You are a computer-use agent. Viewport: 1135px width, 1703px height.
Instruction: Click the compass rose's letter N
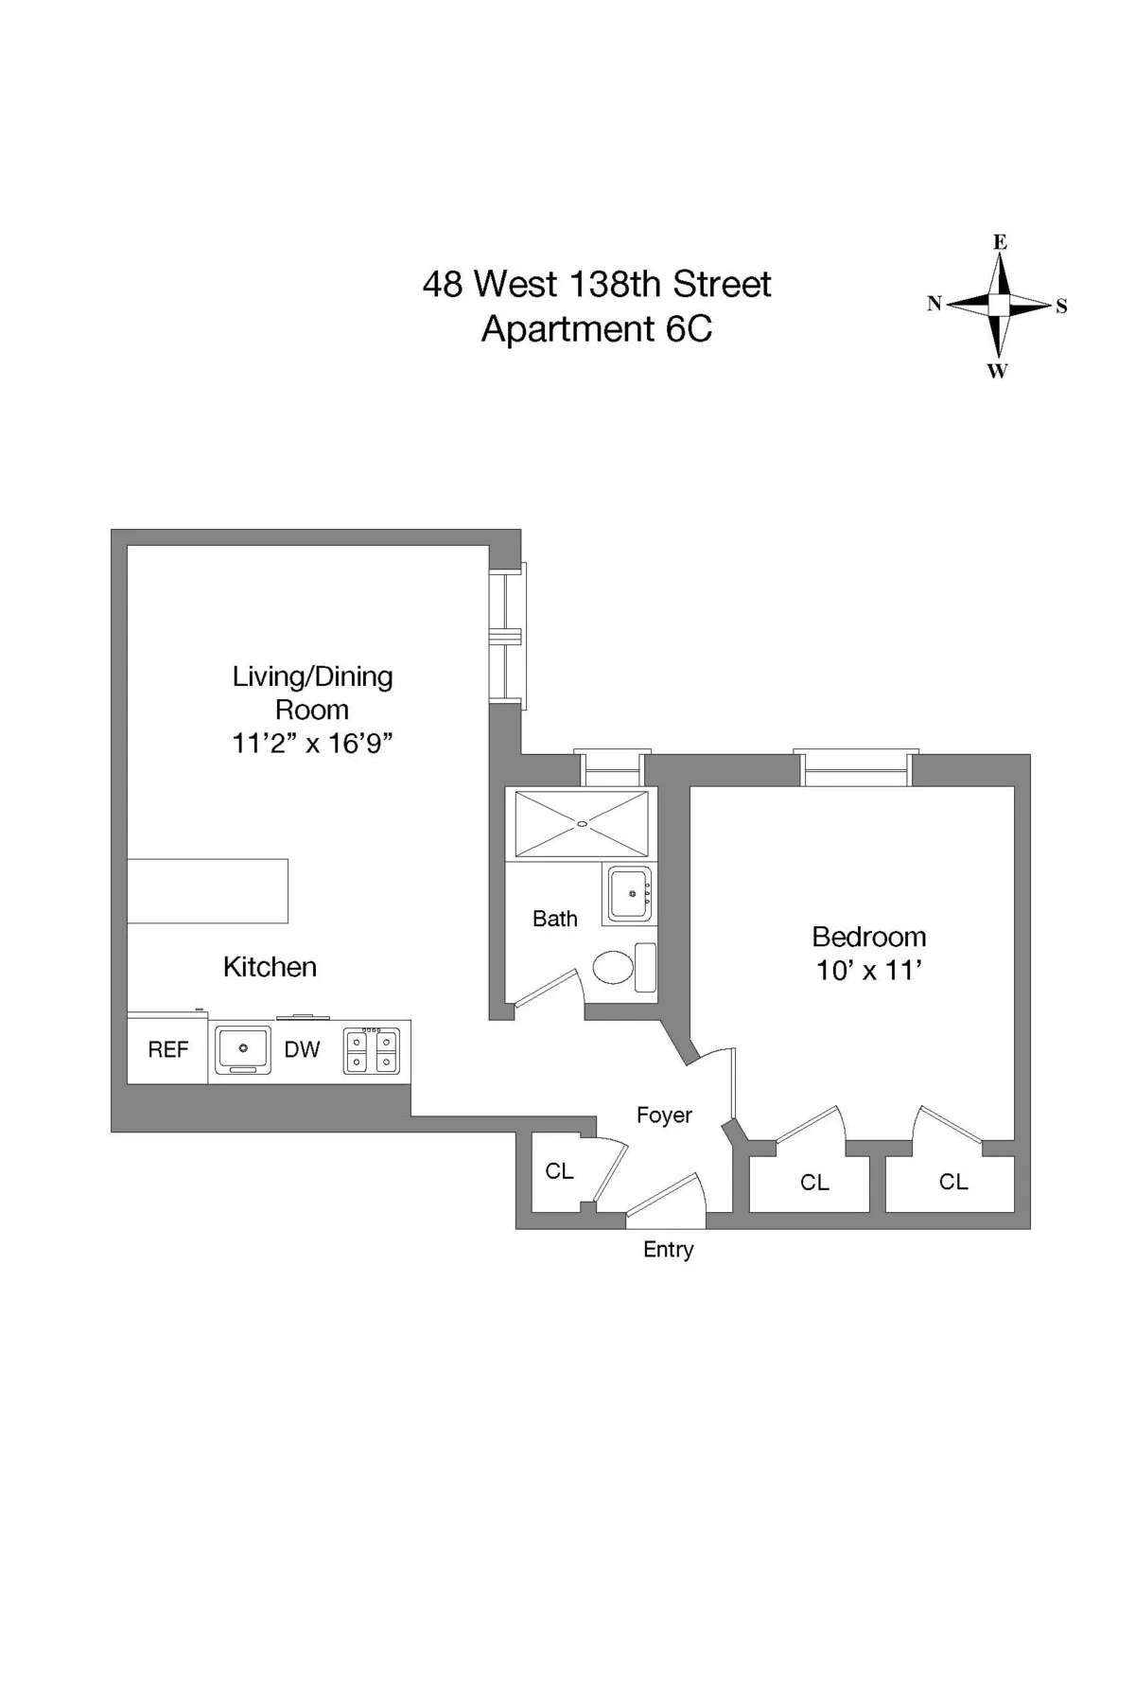pyautogui.click(x=934, y=304)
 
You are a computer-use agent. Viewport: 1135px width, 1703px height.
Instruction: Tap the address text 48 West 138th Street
pyautogui.click(x=596, y=284)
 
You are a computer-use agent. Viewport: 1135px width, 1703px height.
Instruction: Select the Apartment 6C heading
pyautogui.click(x=596, y=329)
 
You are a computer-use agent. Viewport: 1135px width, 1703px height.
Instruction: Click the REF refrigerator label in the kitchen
pyautogui.click(x=168, y=1049)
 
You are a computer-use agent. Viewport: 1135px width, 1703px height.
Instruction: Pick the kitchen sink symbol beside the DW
pyautogui.click(x=243, y=1049)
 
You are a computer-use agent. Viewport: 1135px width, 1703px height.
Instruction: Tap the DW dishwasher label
pyautogui.click(x=302, y=1049)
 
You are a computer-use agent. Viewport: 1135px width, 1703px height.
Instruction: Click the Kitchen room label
pyautogui.click(x=270, y=967)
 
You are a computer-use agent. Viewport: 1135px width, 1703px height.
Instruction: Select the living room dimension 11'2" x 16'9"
pyautogui.click(x=312, y=744)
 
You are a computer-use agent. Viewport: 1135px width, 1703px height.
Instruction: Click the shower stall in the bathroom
pyautogui.click(x=582, y=824)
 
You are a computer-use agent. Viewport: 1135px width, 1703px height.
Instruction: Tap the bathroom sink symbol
pyautogui.click(x=630, y=893)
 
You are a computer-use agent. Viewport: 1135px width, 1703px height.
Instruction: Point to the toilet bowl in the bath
pyautogui.click(x=614, y=968)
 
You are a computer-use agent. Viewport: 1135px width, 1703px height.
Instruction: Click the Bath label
pyautogui.click(x=555, y=919)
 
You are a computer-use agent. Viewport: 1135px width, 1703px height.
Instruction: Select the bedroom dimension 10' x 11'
pyautogui.click(x=868, y=971)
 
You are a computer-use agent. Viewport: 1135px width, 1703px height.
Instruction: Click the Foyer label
pyautogui.click(x=664, y=1115)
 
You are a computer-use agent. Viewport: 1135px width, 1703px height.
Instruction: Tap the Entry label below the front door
pyautogui.click(x=668, y=1250)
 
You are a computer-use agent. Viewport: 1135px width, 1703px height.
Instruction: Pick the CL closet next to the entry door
pyautogui.click(x=559, y=1171)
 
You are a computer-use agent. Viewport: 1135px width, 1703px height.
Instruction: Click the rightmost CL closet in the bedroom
pyautogui.click(x=952, y=1182)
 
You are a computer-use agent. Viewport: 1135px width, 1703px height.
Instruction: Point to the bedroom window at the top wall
pyautogui.click(x=856, y=770)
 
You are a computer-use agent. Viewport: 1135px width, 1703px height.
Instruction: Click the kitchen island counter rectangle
pyautogui.click(x=208, y=890)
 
